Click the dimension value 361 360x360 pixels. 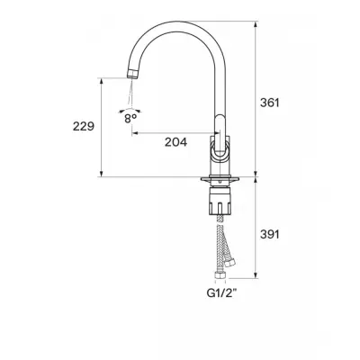[x=269, y=103]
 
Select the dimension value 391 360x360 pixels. [x=270, y=234]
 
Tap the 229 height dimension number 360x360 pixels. [x=84, y=126]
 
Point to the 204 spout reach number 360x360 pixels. [x=175, y=142]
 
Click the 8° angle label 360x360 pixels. [x=130, y=119]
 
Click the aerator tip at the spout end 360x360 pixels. [x=132, y=74]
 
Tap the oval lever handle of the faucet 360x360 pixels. [x=220, y=137]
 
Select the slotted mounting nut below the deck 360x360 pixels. [x=220, y=201]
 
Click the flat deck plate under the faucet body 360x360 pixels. [x=220, y=179]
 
